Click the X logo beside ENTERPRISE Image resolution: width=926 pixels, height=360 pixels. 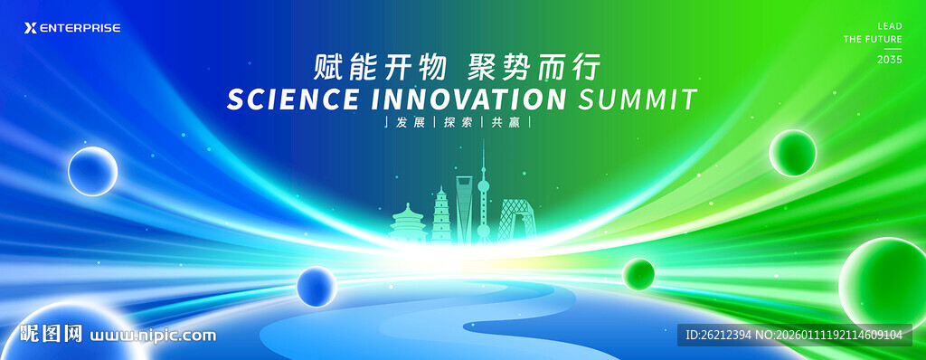30,28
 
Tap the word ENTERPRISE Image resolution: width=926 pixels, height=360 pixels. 80,28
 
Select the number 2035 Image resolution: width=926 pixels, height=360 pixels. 890,60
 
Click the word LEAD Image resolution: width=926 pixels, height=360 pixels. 890,26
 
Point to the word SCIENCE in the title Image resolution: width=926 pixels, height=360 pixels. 292,99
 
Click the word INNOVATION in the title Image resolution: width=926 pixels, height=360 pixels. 469,99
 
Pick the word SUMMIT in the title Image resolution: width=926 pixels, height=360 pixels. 638,99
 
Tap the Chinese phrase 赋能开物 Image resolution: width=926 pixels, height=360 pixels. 380,68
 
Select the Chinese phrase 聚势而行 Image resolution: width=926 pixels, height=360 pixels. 534,68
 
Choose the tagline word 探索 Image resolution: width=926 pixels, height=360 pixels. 458,123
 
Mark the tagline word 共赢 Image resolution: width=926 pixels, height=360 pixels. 506,123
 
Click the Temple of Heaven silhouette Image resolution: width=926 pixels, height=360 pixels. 408,223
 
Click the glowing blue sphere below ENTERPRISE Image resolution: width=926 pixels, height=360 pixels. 93,172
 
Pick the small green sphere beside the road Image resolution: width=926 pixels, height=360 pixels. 638,274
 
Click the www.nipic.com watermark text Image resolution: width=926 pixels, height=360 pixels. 152,336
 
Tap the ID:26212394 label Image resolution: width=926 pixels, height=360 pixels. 719,336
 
